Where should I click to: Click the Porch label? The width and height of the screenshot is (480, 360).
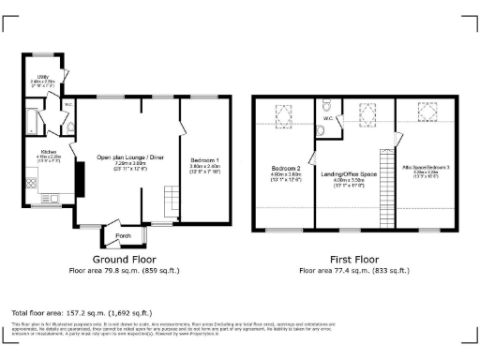pyautogui.click(x=123, y=235)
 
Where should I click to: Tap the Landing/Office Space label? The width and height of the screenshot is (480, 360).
pyautogui.click(x=354, y=173)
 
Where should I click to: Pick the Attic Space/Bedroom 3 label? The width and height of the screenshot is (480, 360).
pyautogui.click(x=426, y=170)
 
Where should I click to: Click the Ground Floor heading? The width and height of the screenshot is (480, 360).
pyautogui.click(x=124, y=259)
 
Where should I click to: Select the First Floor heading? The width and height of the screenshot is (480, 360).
pyautogui.click(x=353, y=259)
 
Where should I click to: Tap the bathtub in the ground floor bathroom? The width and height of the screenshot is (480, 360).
pyautogui.click(x=30, y=123)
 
